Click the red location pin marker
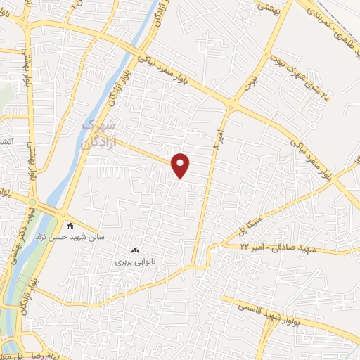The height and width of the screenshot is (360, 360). tap(181, 165)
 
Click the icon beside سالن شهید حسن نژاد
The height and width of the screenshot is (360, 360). tap(69, 226)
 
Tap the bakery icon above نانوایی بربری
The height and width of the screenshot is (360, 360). tap(134, 250)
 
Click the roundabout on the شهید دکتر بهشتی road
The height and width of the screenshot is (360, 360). tap(32, 203)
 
